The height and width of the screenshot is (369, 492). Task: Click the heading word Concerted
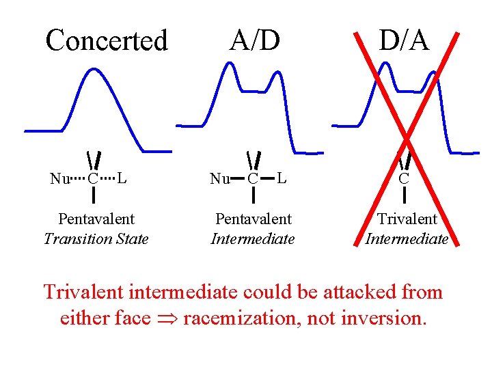tap(106, 40)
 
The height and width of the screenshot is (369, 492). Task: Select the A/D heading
tap(254, 40)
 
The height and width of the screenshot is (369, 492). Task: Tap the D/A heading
tap(404, 40)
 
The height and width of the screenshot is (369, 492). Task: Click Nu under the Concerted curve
tap(59, 180)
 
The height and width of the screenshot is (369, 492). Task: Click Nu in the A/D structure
tap(219, 180)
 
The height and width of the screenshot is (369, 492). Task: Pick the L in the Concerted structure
tap(121, 179)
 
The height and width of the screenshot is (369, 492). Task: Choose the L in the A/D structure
tap(281, 179)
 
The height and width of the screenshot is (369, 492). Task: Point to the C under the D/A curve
tap(404, 180)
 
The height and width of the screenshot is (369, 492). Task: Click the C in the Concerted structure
tap(93, 180)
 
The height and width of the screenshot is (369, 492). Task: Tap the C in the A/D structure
tap(252, 180)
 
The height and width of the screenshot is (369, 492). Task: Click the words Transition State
tap(96, 239)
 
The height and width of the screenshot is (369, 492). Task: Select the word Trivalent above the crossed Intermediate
tap(407, 219)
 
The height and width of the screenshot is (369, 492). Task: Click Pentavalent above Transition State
tap(96, 219)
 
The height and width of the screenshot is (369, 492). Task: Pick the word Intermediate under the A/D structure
tap(253, 239)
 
